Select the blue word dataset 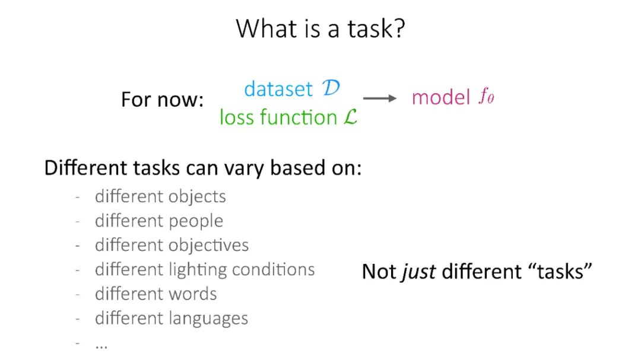tap(278, 89)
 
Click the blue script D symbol tap(331, 88)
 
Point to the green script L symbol tap(350, 117)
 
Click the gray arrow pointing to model tap(380, 98)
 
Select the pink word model tap(440, 98)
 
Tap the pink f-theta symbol tap(487, 97)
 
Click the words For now tap(162, 99)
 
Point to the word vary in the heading tap(244, 168)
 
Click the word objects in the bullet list tap(197, 196)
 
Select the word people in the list tap(196, 221)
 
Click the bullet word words tap(192, 294)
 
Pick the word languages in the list tap(208, 318)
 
